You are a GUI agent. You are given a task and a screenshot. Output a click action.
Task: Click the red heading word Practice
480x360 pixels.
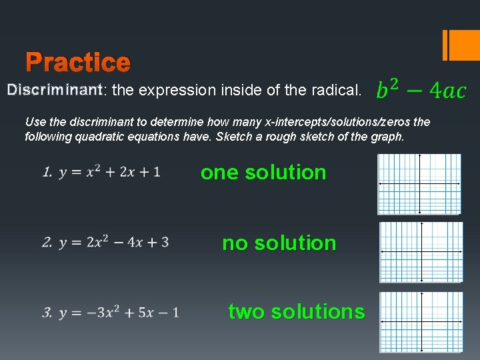(x=78, y=63)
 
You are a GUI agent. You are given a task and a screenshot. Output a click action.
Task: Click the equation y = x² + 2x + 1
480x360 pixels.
(x=109, y=172)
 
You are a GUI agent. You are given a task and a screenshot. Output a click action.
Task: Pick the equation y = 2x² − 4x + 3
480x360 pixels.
(x=113, y=242)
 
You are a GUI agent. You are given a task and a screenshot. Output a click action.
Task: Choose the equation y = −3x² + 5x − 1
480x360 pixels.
(x=119, y=312)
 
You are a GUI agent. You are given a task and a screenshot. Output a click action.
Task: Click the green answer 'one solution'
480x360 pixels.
(x=263, y=172)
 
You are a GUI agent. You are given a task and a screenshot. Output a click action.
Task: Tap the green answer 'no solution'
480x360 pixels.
(x=279, y=243)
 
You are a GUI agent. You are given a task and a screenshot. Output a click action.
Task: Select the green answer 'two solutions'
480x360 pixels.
(x=296, y=311)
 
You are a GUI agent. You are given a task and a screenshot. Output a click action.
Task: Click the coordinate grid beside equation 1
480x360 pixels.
(x=419, y=184)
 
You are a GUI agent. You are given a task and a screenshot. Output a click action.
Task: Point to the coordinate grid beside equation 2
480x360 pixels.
(x=421, y=253)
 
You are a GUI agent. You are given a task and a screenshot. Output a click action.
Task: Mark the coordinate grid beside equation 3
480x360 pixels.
(x=421, y=322)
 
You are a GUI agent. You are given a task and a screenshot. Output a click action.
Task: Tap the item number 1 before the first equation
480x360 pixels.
(x=47, y=173)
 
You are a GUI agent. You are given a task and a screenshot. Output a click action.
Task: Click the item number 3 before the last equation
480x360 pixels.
(x=47, y=313)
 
